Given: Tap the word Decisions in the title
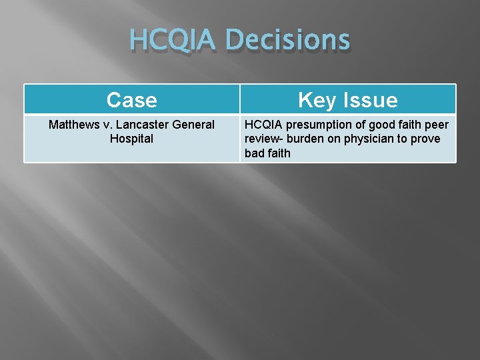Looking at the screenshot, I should pos(288,40).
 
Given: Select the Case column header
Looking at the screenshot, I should pos(132,100).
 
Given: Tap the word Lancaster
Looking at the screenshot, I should pos(141,125).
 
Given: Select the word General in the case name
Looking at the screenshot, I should pos(194,125).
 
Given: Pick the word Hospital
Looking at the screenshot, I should pos(132,139).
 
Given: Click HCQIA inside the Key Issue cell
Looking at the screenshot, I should pos(264,125).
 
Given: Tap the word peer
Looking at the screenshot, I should pos(437,125).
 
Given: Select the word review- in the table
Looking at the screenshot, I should pos(265,139).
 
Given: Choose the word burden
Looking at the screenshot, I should pos(309,139).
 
